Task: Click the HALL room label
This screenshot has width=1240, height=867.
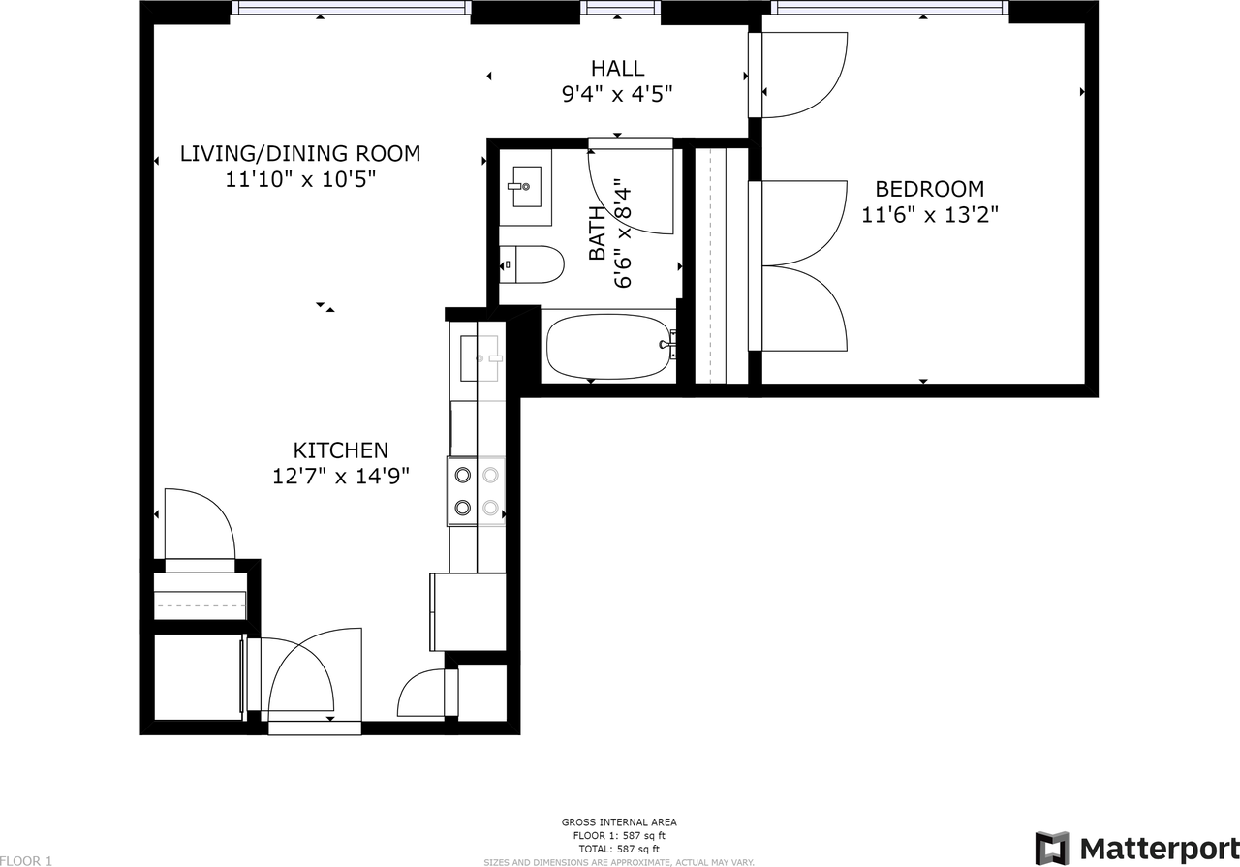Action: tap(617, 68)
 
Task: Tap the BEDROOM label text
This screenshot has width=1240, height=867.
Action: tap(929, 189)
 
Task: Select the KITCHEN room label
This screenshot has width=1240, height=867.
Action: tap(340, 450)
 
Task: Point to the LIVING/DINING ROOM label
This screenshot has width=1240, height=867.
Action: tap(300, 153)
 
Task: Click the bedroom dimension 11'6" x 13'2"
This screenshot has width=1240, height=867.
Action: tap(929, 214)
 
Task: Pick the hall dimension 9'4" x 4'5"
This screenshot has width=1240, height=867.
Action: tap(617, 94)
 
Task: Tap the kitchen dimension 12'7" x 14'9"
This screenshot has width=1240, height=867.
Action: tap(340, 476)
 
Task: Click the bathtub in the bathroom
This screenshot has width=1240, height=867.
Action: tap(609, 347)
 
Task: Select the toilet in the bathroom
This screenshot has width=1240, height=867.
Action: tap(532, 264)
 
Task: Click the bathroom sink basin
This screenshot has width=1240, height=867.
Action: tap(526, 186)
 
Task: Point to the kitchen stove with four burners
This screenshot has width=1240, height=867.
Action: tap(476, 490)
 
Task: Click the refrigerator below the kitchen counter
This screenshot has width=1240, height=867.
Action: tap(468, 612)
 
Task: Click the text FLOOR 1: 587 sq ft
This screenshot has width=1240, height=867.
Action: tap(619, 835)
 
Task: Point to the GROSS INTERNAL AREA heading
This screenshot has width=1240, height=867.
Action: tap(619, 822)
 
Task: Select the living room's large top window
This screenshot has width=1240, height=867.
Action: tap(351, 7)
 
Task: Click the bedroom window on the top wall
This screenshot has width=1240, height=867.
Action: tap(890, 7)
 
